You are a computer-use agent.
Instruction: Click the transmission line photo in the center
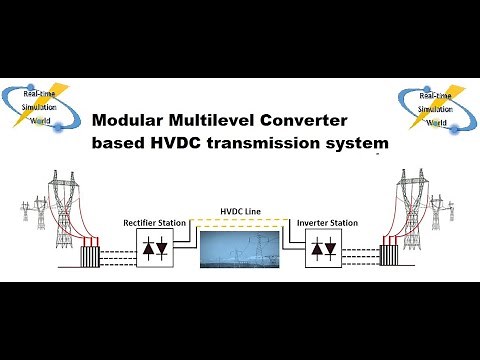(239, 249)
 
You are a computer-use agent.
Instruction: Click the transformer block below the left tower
(93, 258)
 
